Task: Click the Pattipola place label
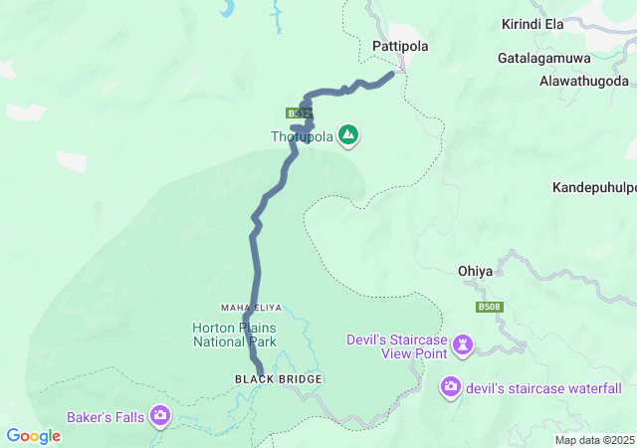(398, 46)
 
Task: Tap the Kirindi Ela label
(536, 23)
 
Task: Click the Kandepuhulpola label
(593, 187)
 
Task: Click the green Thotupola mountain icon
(348, 134)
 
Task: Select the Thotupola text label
(303, 136)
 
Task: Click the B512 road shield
(299, 113)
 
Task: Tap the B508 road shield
(489, 308)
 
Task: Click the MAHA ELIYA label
(247, 308)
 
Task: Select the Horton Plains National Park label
(234, 335)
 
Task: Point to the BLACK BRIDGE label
(265, 379)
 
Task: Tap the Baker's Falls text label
(106, 416)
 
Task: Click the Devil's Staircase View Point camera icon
(462, 345)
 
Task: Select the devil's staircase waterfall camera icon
(451, 387)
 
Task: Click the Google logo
(33, 436)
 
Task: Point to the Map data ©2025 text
(593, 440)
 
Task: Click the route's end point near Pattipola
(397, 73)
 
